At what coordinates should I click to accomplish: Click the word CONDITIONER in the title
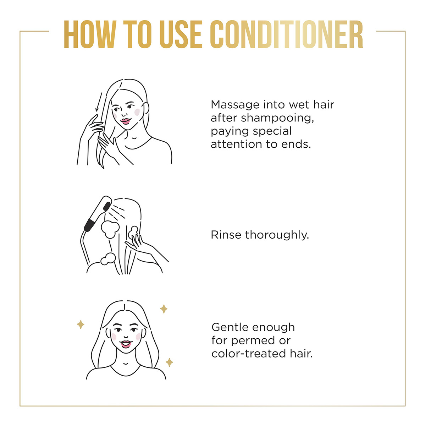pyautogui.click(x=286, y=34)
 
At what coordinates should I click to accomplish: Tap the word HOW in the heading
pyautogui.click(x=90, y=34)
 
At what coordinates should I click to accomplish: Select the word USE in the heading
pyautogui.click(x=181, y=34)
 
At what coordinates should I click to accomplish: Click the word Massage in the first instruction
pyautogui.click(x=235, y=105)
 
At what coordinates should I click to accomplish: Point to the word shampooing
pyautogui.click(x=277, y=118)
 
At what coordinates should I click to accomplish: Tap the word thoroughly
pyautogui.click(x=277, y=235)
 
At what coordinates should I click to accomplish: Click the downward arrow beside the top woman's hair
pyautogui.click(x=99, y=102)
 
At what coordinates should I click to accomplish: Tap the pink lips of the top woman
pyautogui.click(x=126, y=121)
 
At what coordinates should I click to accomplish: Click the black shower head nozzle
pyautogui.click(x=107, y=206)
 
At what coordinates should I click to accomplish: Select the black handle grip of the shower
pyautogui.click(x=90, y=225)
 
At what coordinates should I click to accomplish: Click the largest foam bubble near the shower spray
pyautogui.click(x=110, y=229)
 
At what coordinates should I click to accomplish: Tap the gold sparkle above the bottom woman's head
pyautogui.click(x=164, y=309)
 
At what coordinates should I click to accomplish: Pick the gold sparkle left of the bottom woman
pyautogui.click(x=81, y=324)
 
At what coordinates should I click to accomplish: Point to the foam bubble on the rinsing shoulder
pyautogui.click(x=108, y=259)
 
